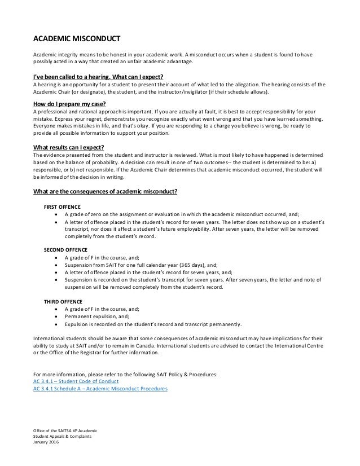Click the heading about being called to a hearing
[98, 76]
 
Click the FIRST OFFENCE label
[62, 206]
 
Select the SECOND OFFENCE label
[65, 249]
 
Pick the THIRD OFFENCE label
[62, 301]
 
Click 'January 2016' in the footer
[46, 442]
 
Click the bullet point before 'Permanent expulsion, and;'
[55, 316]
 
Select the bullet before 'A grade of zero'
[55, 215]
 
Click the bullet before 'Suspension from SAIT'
[55, 264]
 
